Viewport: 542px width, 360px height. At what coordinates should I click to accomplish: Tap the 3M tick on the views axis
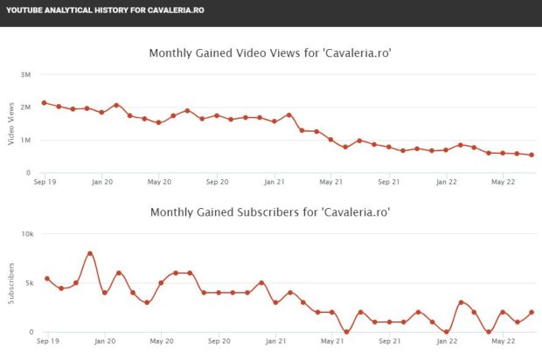pos(26,74)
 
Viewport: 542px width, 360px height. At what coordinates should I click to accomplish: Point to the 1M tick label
pos(26,140)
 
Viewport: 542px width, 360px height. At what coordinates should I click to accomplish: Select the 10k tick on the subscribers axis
pos(26,234)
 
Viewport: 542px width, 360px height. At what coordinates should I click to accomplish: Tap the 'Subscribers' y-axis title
pos(11,282)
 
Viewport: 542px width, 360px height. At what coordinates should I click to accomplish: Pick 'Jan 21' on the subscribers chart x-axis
pos(275,342)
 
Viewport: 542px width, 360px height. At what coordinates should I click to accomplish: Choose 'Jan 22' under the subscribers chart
pos(447,342)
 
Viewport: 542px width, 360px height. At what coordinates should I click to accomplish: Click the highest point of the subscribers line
pos(90,253)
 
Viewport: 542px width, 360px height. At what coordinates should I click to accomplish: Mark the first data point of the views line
pos(45,103)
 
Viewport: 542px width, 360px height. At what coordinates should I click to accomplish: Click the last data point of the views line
pos(532,156)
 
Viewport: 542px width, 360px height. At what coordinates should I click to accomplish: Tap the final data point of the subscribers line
pos(532,312)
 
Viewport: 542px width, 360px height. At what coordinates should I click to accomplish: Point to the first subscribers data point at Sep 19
pos(46,279)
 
